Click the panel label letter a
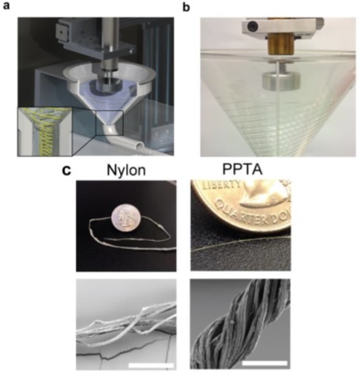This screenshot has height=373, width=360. (x=6, y=6)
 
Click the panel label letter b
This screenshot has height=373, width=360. (x=186, y=7)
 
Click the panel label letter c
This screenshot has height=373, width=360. (x=66, y=171)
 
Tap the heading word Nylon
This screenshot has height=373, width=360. (x=126, y=171)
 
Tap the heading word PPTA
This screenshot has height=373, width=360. (x=242, y=169)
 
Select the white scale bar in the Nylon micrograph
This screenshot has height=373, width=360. (x=152, y=365)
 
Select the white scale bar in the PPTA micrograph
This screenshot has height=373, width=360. (x=264, y=364)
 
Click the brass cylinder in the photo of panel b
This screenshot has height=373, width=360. (x=280, y=45)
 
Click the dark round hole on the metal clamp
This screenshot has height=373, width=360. (x=253, y=26)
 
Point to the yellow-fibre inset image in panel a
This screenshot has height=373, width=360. (x=45, y=131)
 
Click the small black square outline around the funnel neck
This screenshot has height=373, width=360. (x=109, y=122)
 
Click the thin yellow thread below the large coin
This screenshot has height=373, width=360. (x=241, y=243)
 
